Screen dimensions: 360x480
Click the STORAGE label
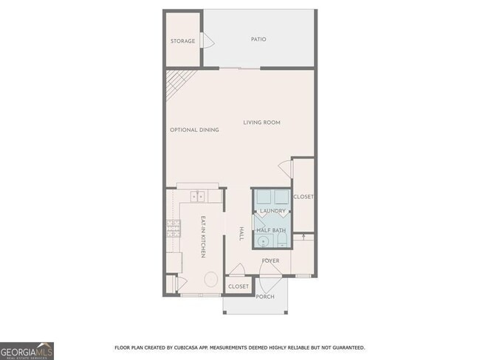(182, 41)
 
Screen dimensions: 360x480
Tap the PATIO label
(258, 39)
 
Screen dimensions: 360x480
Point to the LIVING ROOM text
(262, 122)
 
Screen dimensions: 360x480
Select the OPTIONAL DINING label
(194, 130)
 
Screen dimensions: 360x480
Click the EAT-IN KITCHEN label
(203, 236)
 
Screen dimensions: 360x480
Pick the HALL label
(241, 234)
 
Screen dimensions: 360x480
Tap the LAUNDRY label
(272, 211)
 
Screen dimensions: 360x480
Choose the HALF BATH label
(272, 230)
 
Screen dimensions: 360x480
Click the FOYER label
(270, 260)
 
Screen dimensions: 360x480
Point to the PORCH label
(264, 297)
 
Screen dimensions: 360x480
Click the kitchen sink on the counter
(198, 196)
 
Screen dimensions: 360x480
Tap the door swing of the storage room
(208, 41)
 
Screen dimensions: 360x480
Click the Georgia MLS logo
(27, 350)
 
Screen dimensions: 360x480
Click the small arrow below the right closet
(304, 236)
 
